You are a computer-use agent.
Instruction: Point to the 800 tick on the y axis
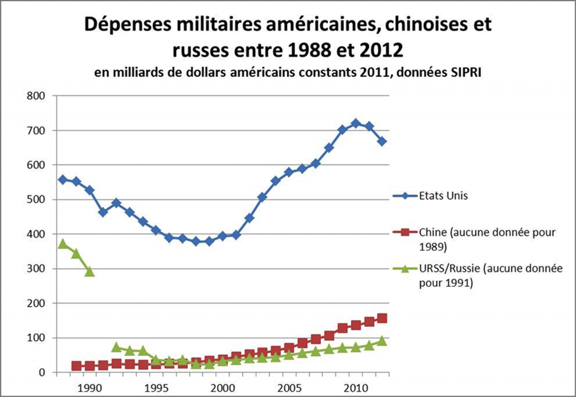[36, 96]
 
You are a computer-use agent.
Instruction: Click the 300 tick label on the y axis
[36, 269]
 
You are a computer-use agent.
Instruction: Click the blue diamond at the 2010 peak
[356, 123]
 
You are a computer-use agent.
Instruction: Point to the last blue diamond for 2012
[382, 141]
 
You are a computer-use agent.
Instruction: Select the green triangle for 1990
[89, 272]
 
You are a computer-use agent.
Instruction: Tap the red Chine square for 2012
[382, 318]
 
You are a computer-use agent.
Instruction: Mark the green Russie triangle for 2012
[382, 341]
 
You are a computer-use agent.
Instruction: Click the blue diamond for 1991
[103, 212]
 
